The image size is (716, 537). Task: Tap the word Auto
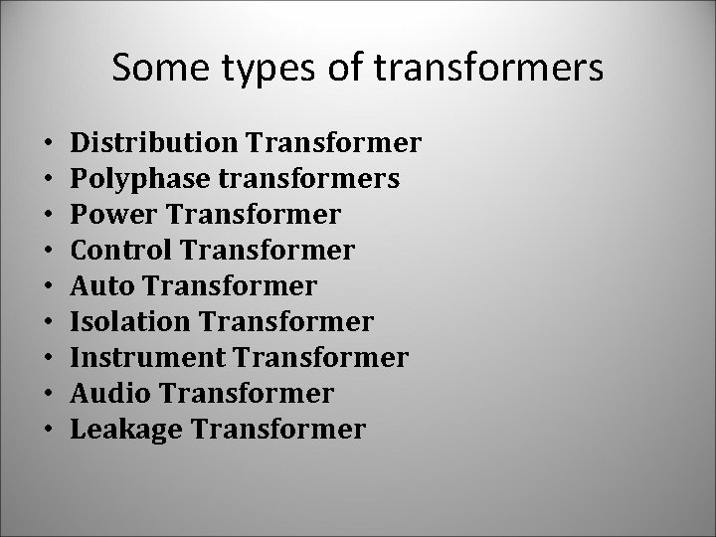(102, 286)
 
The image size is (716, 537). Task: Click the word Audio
(110, 394)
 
